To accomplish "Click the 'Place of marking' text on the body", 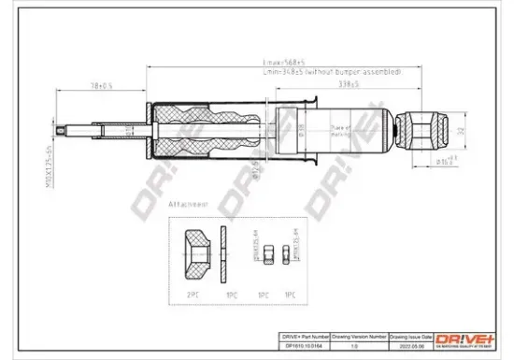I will pyautogui.click(x=344, y=133).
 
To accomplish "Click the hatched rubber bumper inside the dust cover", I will pyautogui.click(x=203, y=133).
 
